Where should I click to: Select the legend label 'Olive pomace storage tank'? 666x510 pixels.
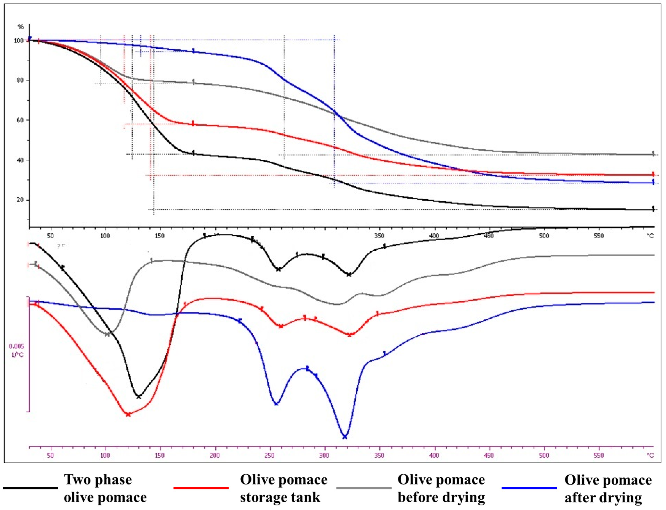coord(283,489)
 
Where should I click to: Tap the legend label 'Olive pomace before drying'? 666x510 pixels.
coord(441,489)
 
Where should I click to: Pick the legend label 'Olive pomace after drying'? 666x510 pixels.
coord(608,489)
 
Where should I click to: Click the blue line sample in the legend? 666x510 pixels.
coord(529,488)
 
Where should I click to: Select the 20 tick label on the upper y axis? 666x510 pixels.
coord(20,200)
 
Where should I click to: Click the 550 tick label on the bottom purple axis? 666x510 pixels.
coord(598,455)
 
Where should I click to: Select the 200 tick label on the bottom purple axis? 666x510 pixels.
coord(215,455)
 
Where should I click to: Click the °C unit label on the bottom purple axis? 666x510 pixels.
coord(650,455)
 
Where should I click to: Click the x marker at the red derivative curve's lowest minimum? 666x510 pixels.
coord(128,414)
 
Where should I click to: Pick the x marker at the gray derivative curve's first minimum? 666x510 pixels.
coord(107,334)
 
